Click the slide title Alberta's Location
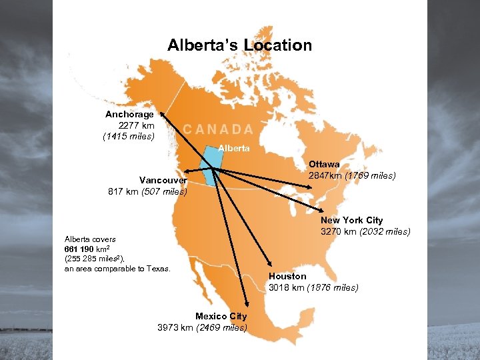239,45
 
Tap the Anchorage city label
129,114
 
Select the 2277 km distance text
136,125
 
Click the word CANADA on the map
218,129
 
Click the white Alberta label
235,148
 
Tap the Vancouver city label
163,180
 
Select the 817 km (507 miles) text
147,192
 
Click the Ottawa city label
324,164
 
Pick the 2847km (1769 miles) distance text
352,176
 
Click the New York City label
352,220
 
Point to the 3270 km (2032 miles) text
365,232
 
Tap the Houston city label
287,276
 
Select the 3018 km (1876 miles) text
313,288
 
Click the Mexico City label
221,316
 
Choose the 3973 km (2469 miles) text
202,327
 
